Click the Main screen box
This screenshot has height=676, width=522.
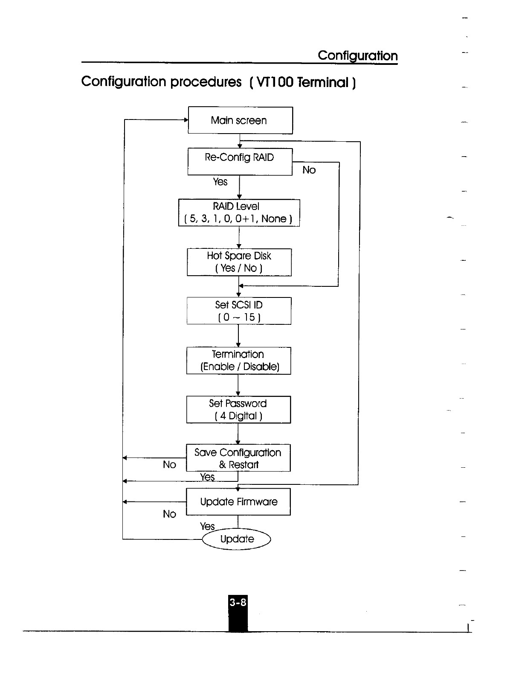[240, 120]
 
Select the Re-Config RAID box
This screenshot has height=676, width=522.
[240, 161]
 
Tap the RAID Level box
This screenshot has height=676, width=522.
[239, 213]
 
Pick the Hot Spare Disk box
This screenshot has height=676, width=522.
[239, 262]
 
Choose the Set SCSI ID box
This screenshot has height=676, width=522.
[239, 311]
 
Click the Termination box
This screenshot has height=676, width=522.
[238, 361]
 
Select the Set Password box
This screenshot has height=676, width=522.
[238, 410]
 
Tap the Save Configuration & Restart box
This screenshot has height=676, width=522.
[238, 458]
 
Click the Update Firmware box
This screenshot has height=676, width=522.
[238, 502]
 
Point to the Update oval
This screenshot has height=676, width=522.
[237, 539]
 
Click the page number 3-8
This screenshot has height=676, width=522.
[238, 602]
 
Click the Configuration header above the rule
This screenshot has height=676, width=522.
[357, 55]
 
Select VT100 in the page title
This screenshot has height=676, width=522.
[275, 82]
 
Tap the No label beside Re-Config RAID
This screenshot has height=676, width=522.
[309, 170]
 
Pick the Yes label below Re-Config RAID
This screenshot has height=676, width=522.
[220, 182]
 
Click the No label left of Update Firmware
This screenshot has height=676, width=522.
[169, 514]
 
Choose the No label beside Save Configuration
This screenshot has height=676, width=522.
[169, 465]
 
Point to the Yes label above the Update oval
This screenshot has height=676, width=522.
[207, 526]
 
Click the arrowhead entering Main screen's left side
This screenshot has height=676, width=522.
[186, 120]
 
